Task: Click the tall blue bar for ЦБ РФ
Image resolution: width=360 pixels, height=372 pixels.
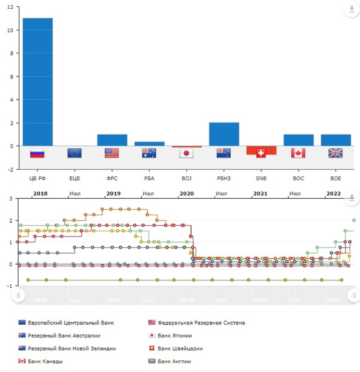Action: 38,82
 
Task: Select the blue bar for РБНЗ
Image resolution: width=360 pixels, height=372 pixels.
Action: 224,134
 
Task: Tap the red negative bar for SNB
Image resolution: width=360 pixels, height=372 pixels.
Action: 261,150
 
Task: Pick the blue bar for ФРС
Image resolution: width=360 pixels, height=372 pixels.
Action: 112,140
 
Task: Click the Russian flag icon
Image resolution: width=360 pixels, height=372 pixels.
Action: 37,153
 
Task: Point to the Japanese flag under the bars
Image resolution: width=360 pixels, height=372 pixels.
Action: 186,153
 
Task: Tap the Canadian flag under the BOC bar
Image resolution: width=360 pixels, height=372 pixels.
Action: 298,153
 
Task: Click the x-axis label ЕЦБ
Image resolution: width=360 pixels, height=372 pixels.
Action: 75,179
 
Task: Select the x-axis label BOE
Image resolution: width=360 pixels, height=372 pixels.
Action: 336,179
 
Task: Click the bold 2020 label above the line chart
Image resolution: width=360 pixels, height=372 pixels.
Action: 186,194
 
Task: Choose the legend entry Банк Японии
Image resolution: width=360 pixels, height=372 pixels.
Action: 174,336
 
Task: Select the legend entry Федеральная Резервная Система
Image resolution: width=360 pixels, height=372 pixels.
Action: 201,323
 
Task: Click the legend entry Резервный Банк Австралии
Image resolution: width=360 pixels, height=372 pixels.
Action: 64,336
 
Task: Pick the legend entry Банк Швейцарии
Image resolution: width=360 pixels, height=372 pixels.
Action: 180,348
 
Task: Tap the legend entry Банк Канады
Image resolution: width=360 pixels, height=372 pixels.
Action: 45,361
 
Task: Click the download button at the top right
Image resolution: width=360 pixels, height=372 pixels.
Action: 352,9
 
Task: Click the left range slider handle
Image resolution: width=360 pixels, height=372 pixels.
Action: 18,296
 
